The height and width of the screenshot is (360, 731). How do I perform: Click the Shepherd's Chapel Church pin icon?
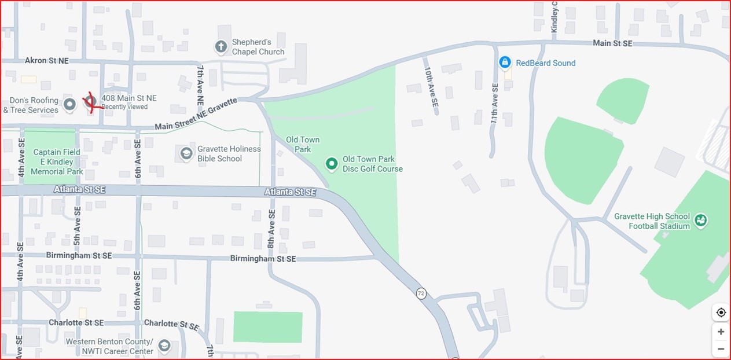[221, 47]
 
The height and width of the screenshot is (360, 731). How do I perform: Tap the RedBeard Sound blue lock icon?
[505, 62]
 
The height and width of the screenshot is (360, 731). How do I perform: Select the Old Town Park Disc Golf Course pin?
[332, 164]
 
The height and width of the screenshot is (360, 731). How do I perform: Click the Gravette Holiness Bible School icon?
[186, 153]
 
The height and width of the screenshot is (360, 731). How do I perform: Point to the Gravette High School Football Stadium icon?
[701, 221]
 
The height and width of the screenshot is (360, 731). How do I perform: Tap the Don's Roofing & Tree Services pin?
[69, 105]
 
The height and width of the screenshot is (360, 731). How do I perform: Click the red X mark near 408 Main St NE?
[90, 102]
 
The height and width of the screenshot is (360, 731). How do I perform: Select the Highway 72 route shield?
[421, 293]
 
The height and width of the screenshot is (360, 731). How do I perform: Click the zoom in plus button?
[721, 332]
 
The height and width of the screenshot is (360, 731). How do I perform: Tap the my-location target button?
[721, 313]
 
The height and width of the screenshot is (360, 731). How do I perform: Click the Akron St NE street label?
[47, 60]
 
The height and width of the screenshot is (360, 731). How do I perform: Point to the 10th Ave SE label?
[431, 87]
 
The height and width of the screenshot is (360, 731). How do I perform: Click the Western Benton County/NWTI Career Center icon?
[164, 346]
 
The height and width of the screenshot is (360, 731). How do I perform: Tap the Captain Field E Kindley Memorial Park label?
[57, 162]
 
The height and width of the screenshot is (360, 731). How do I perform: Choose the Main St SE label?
[612, 43]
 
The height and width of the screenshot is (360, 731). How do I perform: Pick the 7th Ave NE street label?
[200, 85]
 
